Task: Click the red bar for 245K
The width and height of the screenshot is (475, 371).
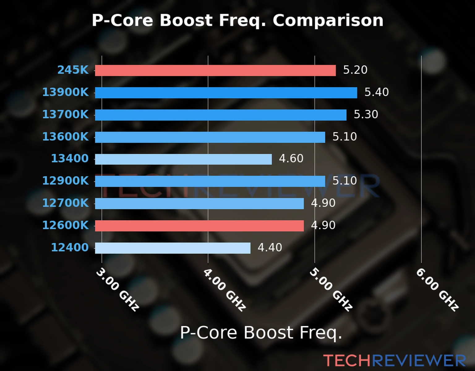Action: [215, 70]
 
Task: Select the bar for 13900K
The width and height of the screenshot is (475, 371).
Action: [226, 93]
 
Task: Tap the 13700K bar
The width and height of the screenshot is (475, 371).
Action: [220, 115]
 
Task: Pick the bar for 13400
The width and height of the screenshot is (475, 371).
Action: [183, 159]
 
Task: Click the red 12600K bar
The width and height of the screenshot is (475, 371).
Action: [199, 226]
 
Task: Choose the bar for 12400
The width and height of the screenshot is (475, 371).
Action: [173, 248]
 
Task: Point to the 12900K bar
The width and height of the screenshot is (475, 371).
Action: [210, 181]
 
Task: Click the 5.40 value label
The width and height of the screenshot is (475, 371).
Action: [376, 92]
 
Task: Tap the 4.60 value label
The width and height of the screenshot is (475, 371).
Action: [291, 159]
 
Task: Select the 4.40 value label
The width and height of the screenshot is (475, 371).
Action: [270, 248]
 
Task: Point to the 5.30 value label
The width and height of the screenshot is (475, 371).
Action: [366, 114]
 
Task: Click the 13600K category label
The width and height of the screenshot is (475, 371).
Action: [65, 137]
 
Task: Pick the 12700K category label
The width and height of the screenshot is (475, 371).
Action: [65, 203]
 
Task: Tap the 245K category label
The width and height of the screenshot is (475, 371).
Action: [73, 70]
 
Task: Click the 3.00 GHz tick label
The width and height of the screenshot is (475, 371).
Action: [118, 289]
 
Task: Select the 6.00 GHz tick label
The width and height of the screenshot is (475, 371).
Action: [437, 289]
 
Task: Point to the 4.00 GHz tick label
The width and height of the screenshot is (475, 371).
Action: [225, 289]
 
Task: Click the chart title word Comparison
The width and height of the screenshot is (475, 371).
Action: [328, 21]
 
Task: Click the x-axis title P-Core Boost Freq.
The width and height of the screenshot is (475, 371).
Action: [261, 333]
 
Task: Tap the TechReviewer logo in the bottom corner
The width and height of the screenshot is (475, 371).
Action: [394, 360]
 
